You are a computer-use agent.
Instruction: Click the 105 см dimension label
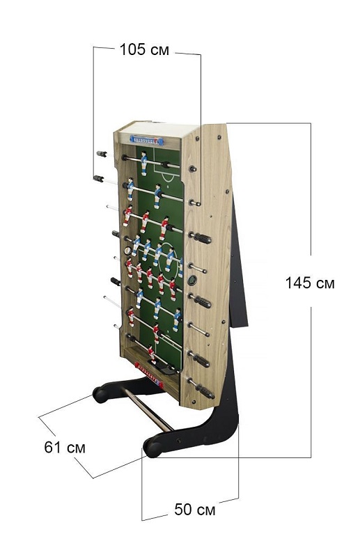click(x=144, y=49)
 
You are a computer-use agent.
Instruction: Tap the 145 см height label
click(x=310, y=283)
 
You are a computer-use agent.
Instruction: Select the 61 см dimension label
click(x=65, y=447)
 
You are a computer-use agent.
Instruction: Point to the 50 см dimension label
click(x=195, y=510)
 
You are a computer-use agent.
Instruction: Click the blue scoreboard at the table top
click(x=147, y=140)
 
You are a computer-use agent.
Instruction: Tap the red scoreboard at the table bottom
click(x=148, y=375)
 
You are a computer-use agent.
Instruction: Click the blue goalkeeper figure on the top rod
click(x=144, y=163)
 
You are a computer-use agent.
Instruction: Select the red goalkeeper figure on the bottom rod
click(x=152, y=354)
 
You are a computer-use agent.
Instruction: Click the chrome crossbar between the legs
click(x=148, y=409)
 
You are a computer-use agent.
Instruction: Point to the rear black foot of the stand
click(x=101, y=394)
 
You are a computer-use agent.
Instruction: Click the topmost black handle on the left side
click(x=102, y=154)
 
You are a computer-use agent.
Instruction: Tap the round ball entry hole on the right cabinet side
click(x=192, y=281)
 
